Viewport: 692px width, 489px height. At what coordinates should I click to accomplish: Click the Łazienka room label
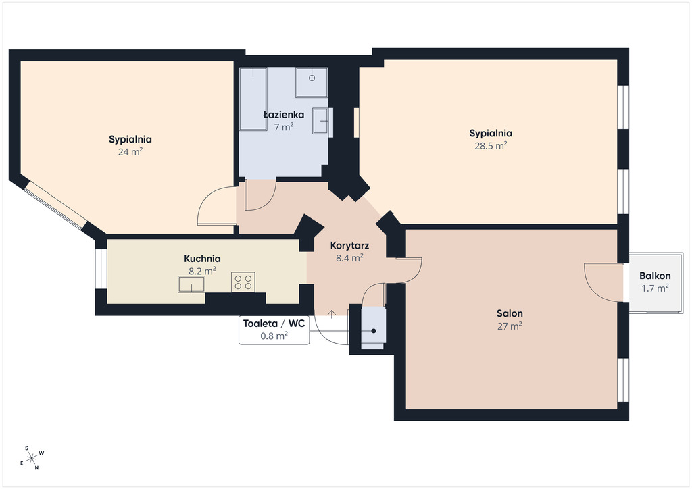click(284, 115)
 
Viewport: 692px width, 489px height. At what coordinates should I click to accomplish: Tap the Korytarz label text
click(349, 246)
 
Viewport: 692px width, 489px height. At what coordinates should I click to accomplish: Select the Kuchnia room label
click(202, 259)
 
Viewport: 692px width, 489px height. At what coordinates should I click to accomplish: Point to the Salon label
click(510, 313)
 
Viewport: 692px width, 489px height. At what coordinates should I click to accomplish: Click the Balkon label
click(655, 276)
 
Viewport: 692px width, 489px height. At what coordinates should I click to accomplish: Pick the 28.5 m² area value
click(491, 145)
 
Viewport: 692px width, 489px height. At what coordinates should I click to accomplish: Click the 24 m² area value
click(130, 152)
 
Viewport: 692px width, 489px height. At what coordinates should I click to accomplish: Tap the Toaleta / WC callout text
click(274, 324)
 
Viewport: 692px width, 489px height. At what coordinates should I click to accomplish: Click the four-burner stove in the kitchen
click(243, 282)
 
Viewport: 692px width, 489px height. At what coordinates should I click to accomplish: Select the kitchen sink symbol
click(191, 284)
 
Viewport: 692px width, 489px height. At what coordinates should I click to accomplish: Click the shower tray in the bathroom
click(312, 82)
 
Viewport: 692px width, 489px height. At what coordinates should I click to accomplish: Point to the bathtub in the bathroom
click(253, 99)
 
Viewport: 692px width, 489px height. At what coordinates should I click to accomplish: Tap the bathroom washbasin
click(321, 120)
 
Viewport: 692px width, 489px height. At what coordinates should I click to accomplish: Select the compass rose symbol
click(32, 459)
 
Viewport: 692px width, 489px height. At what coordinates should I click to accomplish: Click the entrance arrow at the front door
click(332, 314)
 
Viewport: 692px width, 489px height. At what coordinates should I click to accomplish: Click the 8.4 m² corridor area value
click(349, 258)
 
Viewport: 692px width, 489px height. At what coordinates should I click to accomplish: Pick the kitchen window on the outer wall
click(101, 269)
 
